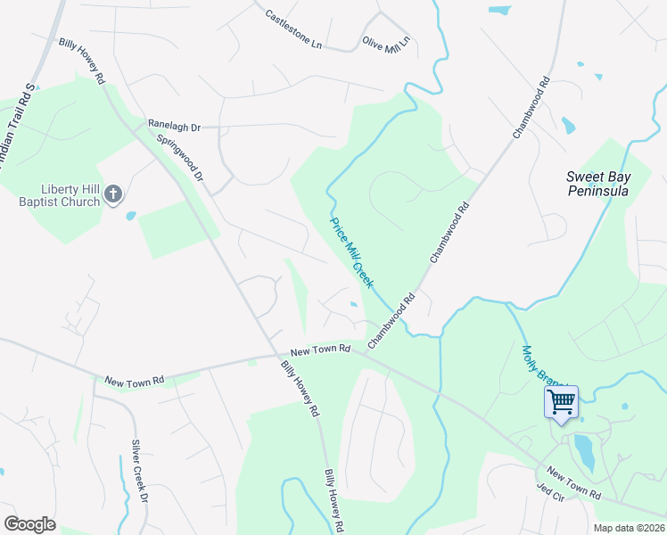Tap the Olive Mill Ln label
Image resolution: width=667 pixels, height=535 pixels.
386,42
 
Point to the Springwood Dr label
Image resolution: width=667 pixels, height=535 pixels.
180,159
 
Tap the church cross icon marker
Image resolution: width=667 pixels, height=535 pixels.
112,193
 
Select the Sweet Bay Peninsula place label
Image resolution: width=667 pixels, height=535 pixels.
597,184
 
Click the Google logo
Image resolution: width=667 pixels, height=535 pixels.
29,524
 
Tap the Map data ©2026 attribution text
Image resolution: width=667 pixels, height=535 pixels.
629,528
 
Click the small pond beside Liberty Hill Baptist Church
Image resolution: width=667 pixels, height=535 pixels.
131,216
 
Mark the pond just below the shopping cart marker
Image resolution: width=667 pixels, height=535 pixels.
584,450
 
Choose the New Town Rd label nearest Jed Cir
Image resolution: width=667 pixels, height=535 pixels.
574,482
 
